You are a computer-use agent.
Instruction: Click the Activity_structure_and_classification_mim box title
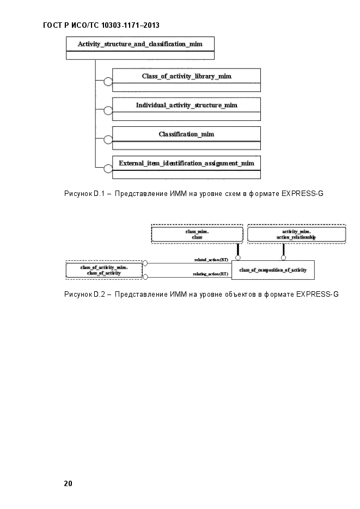tap(140, 44)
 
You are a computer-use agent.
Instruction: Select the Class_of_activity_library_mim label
tap(187, 76)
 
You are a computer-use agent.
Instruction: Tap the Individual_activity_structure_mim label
tap(187, 105)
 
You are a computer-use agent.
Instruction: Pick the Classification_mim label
tap(187, 134)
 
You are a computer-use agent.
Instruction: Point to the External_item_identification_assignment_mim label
tap(187, 163)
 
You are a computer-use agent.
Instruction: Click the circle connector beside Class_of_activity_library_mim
tap(108, 82)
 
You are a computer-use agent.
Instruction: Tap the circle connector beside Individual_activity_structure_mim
tap(108, 111)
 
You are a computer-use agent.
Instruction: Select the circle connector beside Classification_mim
tap(108, 139)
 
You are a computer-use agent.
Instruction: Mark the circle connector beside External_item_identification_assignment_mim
tap(108, 169)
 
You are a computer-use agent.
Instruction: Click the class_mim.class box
tap(197, 235)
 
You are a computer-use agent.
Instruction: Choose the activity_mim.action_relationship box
tap(296, 235)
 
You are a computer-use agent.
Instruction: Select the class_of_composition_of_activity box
tap(273, 270)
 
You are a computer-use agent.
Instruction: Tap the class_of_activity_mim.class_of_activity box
tap(104, 270)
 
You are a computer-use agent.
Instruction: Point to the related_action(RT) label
tap(211, 260)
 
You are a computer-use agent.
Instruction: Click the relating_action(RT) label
tap(211, 274)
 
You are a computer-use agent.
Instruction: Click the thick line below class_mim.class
tap(238, 249)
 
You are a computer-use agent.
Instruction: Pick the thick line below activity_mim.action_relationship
tap(283, 249)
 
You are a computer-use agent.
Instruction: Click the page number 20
tap(68, 483)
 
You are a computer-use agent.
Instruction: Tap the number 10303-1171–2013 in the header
tap(130, 26)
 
